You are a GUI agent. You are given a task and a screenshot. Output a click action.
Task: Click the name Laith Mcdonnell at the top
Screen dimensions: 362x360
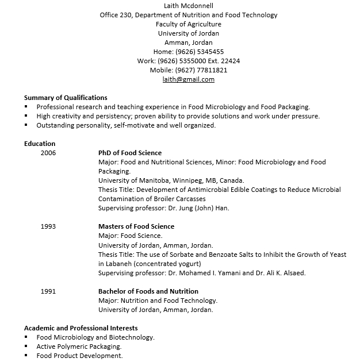point(188,6)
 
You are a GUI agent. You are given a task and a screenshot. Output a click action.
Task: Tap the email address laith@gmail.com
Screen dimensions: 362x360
point(188,79)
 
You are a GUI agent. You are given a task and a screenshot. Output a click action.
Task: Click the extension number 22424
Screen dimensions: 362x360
point(230,61)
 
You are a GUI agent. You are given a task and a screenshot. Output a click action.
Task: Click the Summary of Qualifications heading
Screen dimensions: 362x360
point(66,98)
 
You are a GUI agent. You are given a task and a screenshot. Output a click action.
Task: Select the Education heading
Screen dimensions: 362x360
point(40,144)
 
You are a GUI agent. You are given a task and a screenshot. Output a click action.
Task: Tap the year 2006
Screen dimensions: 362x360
point(48,153)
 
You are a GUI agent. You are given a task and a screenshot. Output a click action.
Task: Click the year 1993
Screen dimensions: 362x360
point(48,226)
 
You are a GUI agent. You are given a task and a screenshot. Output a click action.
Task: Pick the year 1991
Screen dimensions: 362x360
point(48,291)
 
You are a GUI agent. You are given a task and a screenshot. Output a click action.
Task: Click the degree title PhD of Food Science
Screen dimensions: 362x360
point(130,153)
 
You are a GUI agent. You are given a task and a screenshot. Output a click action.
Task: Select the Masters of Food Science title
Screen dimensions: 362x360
point(136,226)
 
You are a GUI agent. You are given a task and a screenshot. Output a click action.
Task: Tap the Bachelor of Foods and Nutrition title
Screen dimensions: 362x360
point(148,291)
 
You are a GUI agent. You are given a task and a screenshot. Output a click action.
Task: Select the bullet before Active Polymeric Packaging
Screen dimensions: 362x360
point(26,347)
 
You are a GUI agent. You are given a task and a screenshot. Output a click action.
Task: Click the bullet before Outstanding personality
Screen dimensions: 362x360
point(26,126)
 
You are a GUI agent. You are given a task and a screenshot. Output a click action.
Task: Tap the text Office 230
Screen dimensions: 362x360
point(116,15)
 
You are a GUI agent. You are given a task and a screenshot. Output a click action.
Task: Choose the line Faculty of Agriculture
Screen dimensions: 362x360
point(188,24)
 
